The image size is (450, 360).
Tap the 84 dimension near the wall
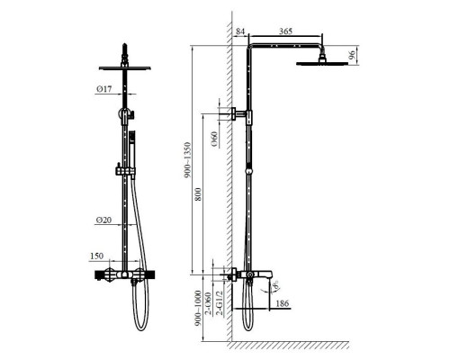[239, 32]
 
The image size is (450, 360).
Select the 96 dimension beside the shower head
[353, 53]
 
